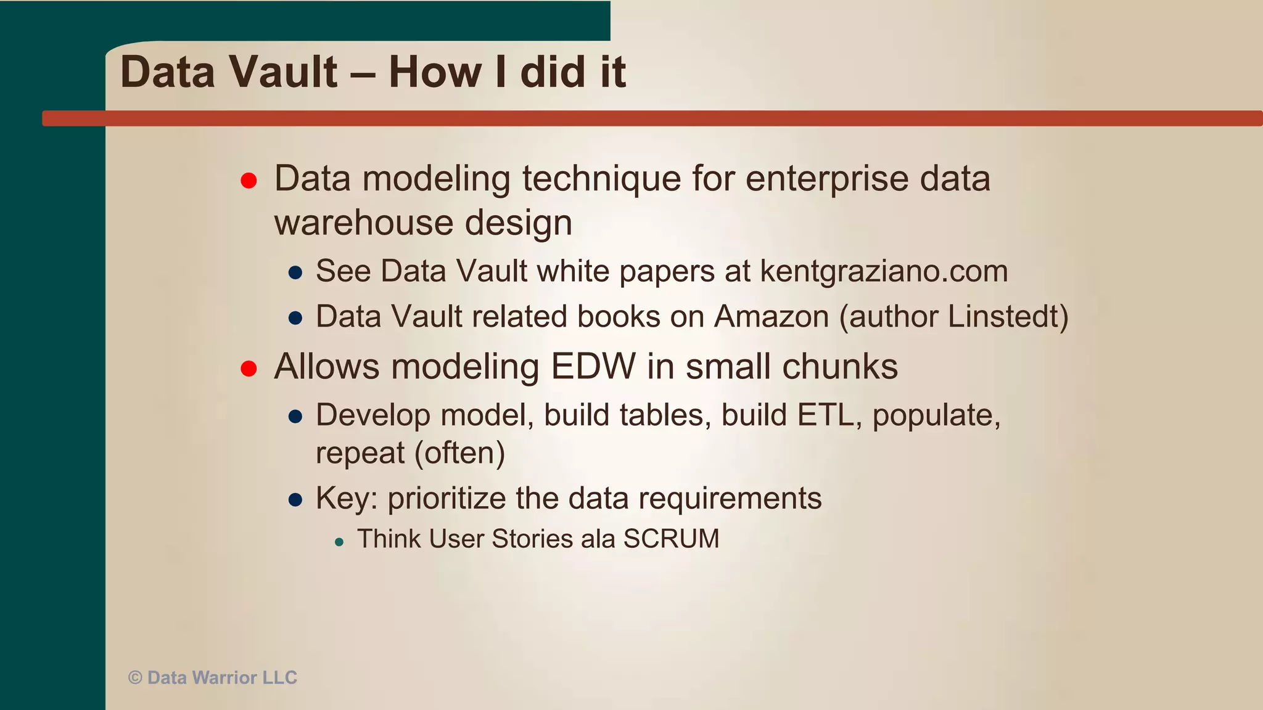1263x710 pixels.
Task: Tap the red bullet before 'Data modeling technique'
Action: tap(249, 181)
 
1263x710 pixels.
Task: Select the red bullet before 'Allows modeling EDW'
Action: tap(249, 369)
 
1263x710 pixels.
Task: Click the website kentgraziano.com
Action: tap(884, 272)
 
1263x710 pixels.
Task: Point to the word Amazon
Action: tap(771, 317)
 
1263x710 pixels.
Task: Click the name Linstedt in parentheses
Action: tap(1003, 317)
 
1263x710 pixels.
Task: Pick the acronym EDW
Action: tap(593, 367)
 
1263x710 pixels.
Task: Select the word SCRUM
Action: tap(671, 539)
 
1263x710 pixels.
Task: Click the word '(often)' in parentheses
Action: tap(459, 453)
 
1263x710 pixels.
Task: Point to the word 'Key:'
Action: tap(347, 498)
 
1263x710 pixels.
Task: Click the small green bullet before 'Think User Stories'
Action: tap(339, 542)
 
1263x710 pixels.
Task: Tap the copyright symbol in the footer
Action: tap(135, 678)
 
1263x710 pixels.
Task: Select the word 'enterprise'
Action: tap(827, 179)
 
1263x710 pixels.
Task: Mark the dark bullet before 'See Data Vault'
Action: tap(295, 273)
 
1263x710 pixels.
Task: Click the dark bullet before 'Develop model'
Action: tap(295, 417)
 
